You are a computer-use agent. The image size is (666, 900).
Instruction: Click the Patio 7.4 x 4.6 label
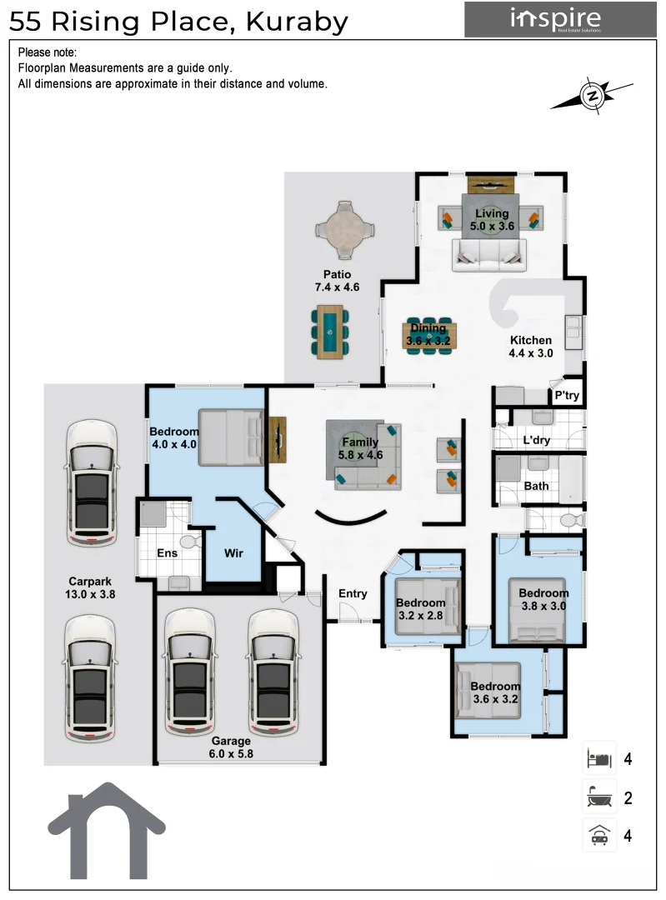tap(337, 281)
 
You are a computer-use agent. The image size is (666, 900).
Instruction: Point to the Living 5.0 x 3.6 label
tap(492, 219)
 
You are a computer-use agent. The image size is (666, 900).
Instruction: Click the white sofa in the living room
tap(489, 254)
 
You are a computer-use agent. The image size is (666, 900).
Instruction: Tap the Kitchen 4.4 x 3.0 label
tap(531, 347)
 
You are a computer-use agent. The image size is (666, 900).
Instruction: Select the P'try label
tap(566, 397)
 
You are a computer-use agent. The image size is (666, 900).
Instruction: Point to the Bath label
tap(536, 486)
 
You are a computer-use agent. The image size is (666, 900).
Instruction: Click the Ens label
tap(168, 553)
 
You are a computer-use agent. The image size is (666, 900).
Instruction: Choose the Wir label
tap(233, 552)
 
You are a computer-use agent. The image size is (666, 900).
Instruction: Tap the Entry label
tap(353, 593)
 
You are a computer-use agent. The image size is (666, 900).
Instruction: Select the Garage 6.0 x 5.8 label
tap(232, 747)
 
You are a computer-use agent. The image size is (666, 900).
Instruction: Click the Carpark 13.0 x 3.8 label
tap(91, 588)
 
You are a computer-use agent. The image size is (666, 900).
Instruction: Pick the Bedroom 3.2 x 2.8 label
tap(421, 609)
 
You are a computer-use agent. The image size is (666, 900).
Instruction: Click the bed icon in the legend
tap(598, 759)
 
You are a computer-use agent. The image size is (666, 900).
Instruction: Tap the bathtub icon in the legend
tap(598, 798)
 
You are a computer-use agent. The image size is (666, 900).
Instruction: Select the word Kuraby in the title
tap(296, 22)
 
